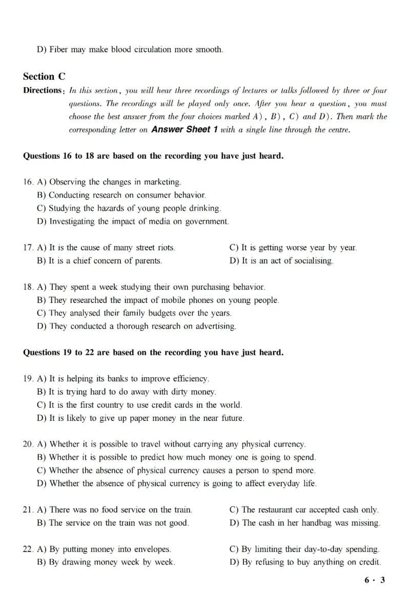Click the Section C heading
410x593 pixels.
[44, 77]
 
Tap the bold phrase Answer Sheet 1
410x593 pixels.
[185, 130]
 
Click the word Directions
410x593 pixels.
[42, 91]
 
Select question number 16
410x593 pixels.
[28, 182]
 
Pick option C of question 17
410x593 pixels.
[293, 248]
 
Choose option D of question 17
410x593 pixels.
[281, 261]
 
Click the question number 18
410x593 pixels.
[28, 287]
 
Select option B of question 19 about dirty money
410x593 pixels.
[127, 392]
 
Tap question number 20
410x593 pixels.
[28, 444]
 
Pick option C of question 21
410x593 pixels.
[304, 510]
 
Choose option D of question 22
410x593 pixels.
[305, 562]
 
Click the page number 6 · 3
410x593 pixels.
[375, 580]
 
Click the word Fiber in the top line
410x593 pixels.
[59, 50]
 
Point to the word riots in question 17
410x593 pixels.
[166, 248]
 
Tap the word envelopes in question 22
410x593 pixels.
[152, 549]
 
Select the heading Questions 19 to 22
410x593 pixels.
[153, 352]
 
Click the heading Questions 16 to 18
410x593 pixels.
[153, 156]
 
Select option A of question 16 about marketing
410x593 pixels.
[109, 182]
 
